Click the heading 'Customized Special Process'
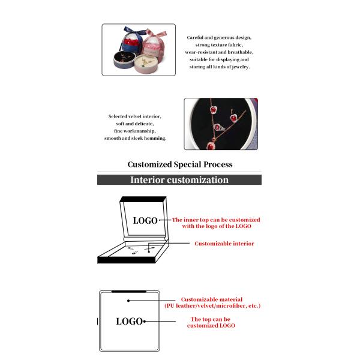pos(179,164)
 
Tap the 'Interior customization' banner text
pos(179,179)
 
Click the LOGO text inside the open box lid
pos(145,221)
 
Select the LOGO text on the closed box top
pos(129,322)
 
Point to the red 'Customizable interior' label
pos(224,244)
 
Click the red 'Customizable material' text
pos(212,299)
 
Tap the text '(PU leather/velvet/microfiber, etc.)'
pos(212,306)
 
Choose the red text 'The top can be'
pos(211,319)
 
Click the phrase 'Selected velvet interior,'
pos(134,116)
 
